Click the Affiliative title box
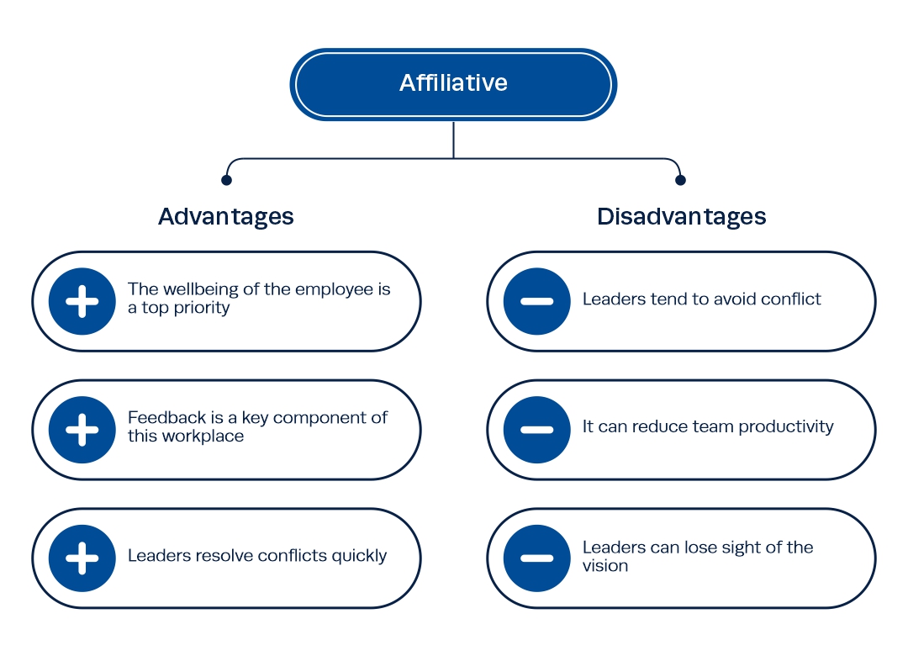point(453,84)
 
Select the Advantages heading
point(226,217)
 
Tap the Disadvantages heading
point(682,217)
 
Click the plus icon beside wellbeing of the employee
point(82,301)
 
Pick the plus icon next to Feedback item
point(82,430)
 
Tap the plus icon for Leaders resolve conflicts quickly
point(82,558)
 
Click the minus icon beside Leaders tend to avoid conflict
point(536,301)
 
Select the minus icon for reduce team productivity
point(536,430)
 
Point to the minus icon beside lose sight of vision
point(536,558)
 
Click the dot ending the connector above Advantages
point(226,180)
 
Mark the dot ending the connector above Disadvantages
point(680,180)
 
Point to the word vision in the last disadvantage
point(605,566)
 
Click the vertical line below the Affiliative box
point(453,140)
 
